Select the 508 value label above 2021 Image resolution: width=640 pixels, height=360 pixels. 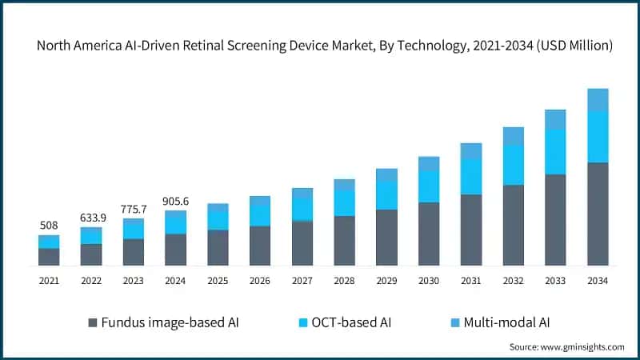pyautogui.click(x=49, y=226)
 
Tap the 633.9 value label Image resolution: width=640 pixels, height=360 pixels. pyautogui.click(x=91, y=218)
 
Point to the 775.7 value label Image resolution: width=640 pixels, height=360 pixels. pyautogui.click(x=134, y=209)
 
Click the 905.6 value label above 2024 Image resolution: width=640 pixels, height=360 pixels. pyautogui.click(x=176, y=202)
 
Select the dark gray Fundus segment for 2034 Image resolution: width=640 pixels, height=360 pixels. pyautogui.click(x=598, y=214)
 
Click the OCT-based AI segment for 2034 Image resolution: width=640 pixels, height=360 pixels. pyautogui.click(x=598, y=137)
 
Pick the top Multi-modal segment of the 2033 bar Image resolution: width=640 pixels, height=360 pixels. pyautogui.click(x=555, y=119)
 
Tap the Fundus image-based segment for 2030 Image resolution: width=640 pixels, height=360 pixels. pyautogui.click(x=429, y=234)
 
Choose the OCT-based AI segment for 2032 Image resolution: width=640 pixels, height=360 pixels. pyautogui.click(x=513, y=165)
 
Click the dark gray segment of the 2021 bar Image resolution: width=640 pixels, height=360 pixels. pyautogui.click(x=49, y=257)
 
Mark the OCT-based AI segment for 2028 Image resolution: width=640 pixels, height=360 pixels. pyautogui.click(x=344, y=203)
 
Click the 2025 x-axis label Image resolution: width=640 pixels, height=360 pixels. pyautogui.click(x=218, y=281)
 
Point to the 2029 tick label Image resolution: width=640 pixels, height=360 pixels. pyautogui.click(x=386, y=281)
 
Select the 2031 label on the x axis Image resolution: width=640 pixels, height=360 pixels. pyautogui.click(x=471, y=281)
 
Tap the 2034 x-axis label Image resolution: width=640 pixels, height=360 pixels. pyautogui.click(x=598, y=281)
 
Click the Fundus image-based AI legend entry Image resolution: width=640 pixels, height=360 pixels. pyautogui.click(x=163, y=322)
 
